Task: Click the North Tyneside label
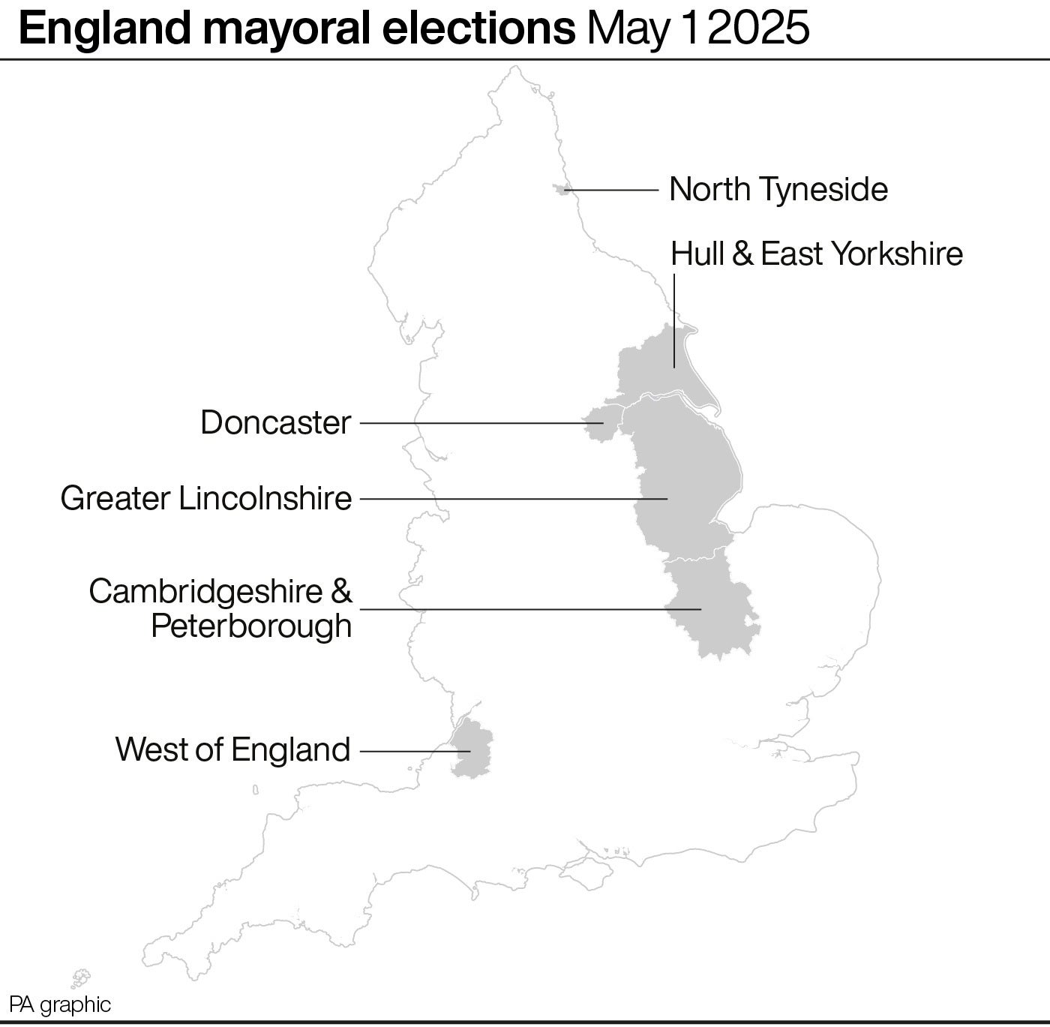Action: pos(778,189)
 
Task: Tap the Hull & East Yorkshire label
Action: pos(816,254)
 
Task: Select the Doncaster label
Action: pos(276,423)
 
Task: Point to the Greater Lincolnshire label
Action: pos(206,498)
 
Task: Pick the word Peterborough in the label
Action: pos(251,626)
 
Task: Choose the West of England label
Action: pos(233,749)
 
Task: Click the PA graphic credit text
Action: pos(60,1005)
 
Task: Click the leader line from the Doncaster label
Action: pos(472,423)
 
